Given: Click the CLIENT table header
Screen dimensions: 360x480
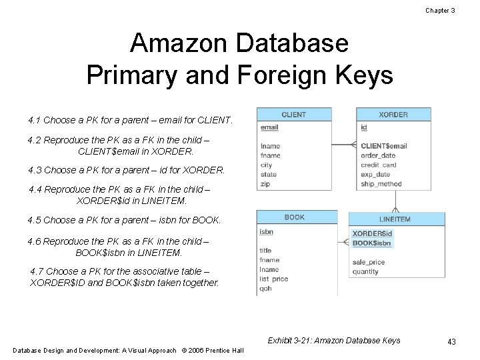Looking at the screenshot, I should coord(293,115).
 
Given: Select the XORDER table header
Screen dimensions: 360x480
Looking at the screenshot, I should coord(393,115).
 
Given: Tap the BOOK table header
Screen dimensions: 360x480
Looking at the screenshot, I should coord(294,217).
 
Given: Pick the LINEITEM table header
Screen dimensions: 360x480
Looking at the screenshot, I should coord(395,219).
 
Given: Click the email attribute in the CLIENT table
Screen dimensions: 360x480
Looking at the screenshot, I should coord(269,127).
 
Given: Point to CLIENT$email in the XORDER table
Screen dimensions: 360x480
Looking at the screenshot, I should coord(383,146).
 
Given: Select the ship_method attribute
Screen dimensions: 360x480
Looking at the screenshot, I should coord(381,184).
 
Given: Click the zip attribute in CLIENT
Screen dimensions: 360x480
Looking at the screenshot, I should coord(265,184).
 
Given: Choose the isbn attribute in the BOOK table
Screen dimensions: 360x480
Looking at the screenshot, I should coord(266,232).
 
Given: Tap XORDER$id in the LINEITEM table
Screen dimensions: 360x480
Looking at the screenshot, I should coord(372,234).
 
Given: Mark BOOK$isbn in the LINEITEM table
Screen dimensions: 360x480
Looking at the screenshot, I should coord(372,243).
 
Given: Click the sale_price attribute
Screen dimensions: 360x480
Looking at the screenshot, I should coord(369,263).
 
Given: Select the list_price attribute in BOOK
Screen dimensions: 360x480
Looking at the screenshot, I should coord(274,279).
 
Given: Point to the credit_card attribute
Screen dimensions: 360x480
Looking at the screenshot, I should coord(378,165).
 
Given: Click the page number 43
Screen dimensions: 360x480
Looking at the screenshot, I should coord(451,342).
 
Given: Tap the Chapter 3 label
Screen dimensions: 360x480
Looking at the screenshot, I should coord(440,10).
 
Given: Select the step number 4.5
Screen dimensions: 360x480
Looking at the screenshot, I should coord(34,220).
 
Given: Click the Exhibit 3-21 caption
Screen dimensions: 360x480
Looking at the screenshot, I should coord(334,341).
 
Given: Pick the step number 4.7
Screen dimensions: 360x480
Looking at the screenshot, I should coord(37,271).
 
